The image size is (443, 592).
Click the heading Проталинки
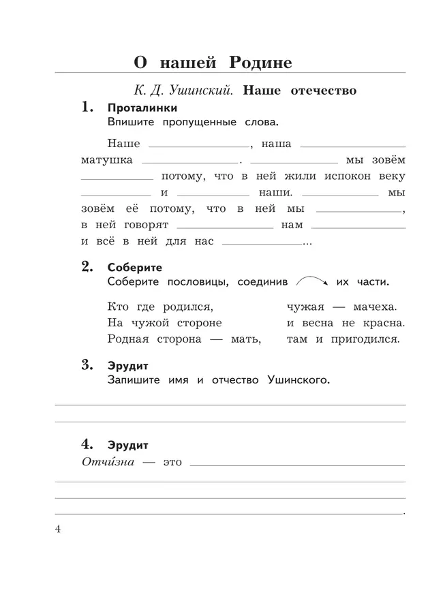142,108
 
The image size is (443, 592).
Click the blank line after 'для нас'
262,243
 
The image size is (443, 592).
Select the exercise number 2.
87,267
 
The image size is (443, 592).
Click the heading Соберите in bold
134,268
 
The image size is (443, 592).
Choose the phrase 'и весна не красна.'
346,322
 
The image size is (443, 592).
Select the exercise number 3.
87,365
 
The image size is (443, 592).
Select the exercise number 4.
87,445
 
